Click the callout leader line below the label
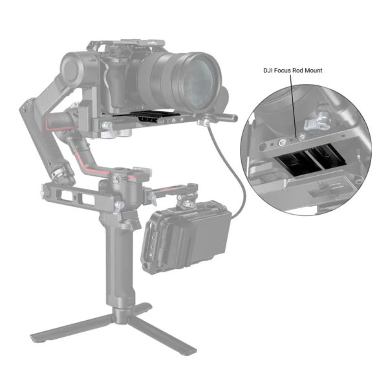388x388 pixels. click(x=297, y=103)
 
